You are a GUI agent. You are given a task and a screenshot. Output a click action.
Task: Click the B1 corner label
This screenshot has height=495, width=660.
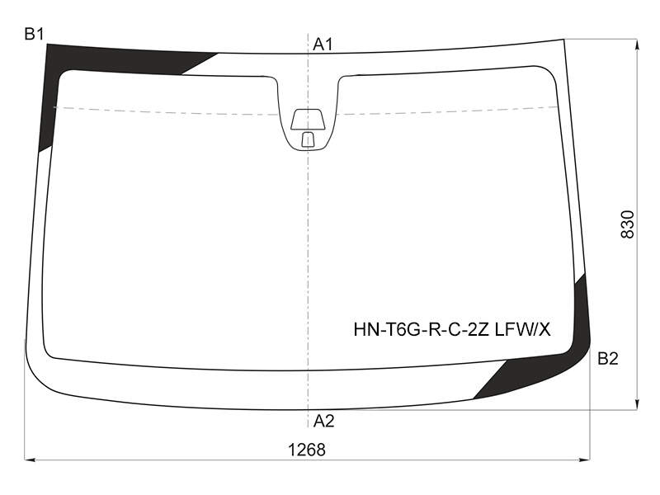click(x=34, y=34)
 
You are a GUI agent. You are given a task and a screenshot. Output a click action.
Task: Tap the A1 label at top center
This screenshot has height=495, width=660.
click(x=323, y=45)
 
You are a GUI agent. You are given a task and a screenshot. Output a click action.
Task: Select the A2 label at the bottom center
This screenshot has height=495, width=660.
click(x=323, y=421)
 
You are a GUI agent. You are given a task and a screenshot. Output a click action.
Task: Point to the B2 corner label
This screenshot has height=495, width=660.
click(x=608, y=359)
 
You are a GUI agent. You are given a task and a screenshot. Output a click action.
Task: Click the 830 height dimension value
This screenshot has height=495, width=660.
click(x=627, y=224)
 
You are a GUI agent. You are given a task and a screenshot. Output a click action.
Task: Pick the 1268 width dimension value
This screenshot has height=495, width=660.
click(x=307, y=450)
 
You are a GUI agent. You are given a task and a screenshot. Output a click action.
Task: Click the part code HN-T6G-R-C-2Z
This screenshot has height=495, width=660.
click(x=421, y=329)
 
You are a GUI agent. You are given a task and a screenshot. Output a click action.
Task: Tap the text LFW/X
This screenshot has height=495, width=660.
click(x=522, y=329)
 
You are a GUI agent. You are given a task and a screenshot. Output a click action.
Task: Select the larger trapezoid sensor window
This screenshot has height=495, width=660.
click(x=308, y=119)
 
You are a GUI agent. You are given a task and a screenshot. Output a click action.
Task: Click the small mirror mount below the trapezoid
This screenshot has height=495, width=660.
click(x=308, y=139)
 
